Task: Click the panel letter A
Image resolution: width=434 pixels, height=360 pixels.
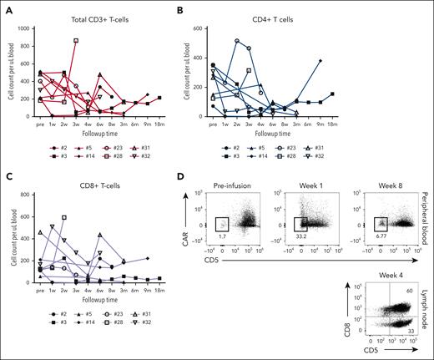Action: pos(7,7)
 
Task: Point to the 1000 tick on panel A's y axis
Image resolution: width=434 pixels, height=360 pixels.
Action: pos(31,28)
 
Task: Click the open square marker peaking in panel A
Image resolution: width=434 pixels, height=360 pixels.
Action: pos(76,40)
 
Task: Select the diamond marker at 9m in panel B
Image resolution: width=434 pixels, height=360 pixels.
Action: pos(320,61)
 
